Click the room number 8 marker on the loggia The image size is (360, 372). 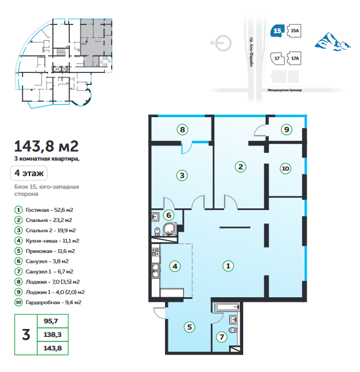(x=182, y=130)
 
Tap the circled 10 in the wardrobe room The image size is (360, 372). (x=285, y=169)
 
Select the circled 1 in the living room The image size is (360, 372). (x=228, y=266)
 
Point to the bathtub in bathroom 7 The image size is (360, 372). (x=227, y=307)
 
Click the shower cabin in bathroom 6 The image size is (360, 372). (x=170, y=229)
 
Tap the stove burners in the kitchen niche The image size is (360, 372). (x=156, y=252)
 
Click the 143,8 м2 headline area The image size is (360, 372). (x=46, y=146)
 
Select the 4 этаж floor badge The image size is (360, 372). (x=29, y=173)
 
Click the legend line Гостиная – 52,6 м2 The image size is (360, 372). (x=44, y=210)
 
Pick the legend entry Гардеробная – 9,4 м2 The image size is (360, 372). (x=48, y=302)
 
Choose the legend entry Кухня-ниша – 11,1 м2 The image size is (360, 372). (x=47, y=241)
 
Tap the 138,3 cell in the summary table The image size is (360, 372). (x=53, y=335)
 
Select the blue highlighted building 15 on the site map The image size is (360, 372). (x=277, y=31)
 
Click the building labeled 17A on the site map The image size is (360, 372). (x=294, y=58)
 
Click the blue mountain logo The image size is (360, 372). (x=333, y=42)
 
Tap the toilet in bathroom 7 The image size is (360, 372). (x=232, y=330)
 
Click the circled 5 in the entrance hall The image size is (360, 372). (x=189, y=327)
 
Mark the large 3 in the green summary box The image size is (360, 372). (x=26, y=335)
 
